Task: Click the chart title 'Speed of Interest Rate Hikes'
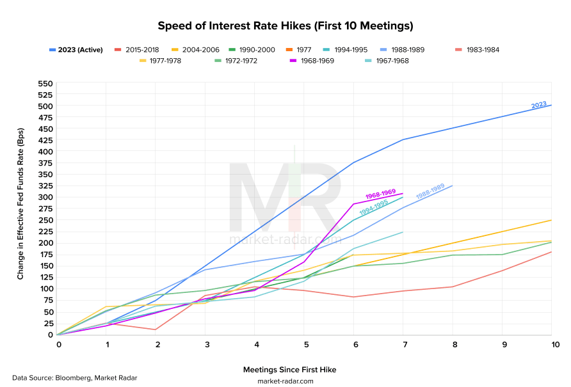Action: pos(285,26)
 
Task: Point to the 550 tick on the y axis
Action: pos(45,83)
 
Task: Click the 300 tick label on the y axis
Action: pos(45,198)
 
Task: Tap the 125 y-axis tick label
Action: pos(45,278)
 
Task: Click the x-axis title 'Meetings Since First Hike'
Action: pos(289,369)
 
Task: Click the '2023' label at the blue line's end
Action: pos(538,106)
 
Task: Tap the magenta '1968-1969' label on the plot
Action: pos(380,194)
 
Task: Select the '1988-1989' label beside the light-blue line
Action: pos(430,191)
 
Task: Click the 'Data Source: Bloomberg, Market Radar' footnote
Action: pos(74,377)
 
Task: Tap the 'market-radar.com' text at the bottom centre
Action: pos(285,381)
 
